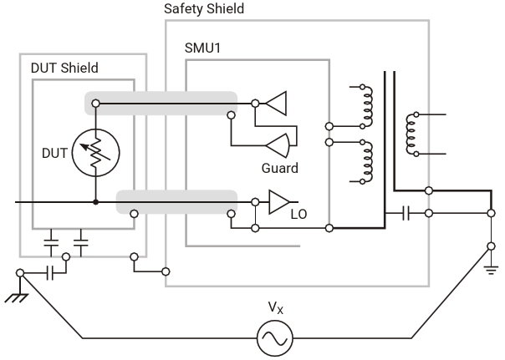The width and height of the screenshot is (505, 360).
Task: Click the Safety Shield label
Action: tap(207, 9)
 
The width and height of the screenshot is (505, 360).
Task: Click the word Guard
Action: tap(280, 168)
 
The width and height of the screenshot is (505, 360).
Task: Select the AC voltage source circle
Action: tap(276, 337)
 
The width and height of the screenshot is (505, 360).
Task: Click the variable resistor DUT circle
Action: tap(96, 153)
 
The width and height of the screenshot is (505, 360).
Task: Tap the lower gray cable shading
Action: tap(176, 201)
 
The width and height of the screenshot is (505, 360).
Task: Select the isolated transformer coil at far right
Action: tap(410, 134)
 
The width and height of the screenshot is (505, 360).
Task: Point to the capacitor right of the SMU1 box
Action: tap(406, 213)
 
